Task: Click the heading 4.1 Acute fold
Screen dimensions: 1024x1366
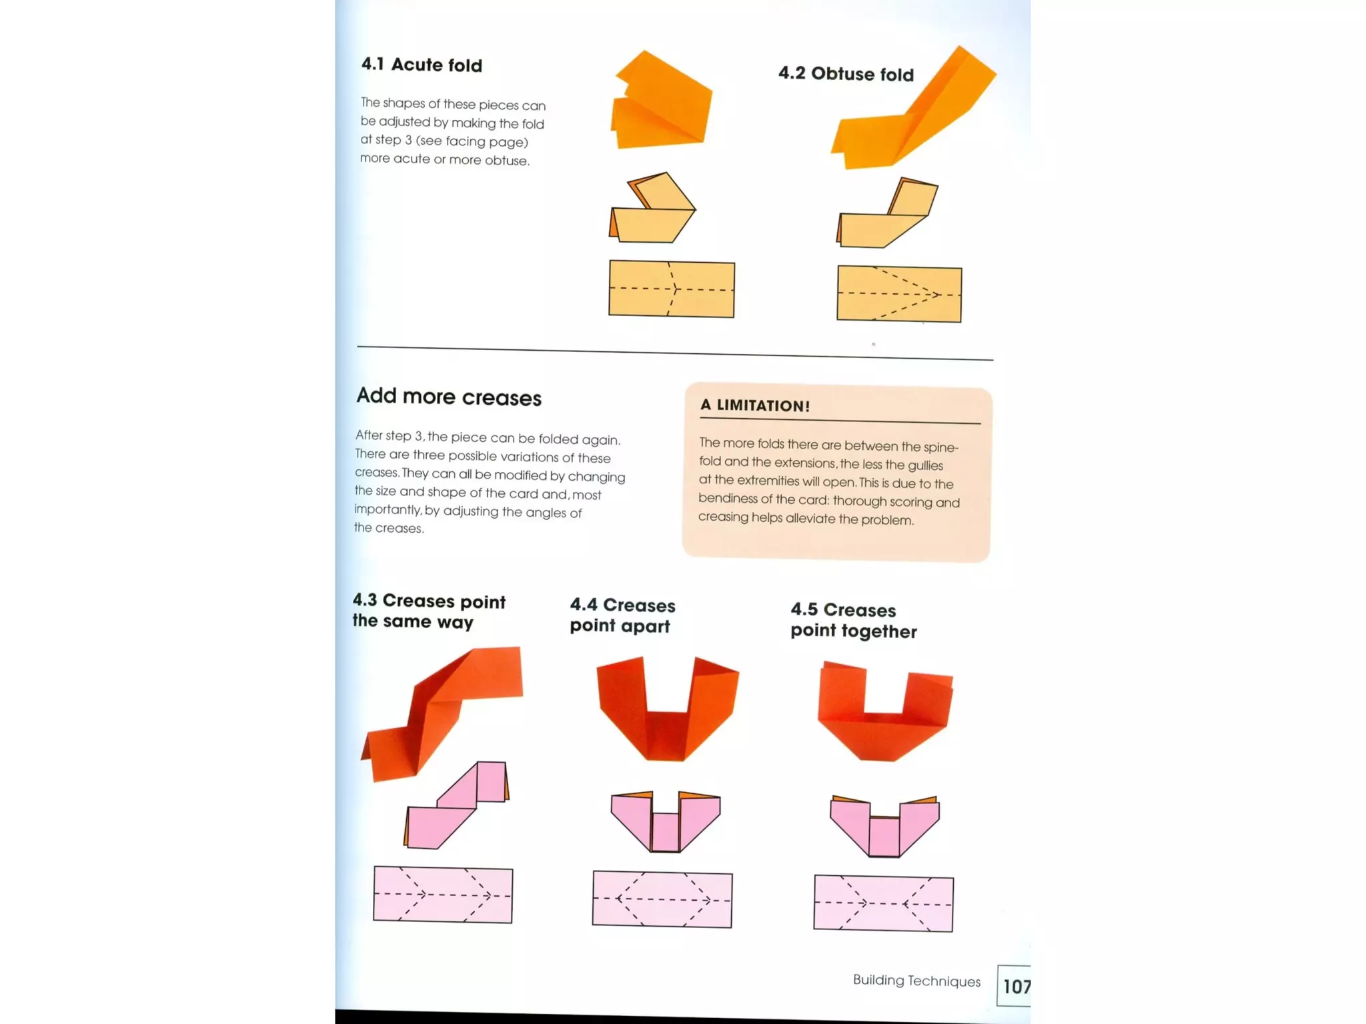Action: (422, 65)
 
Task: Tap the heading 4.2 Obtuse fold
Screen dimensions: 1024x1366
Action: (845, 73)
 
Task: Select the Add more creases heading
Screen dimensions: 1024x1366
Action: (448, 397)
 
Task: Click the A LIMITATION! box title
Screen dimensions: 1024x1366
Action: (754, 405)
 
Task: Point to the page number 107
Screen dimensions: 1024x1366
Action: (1015, 986)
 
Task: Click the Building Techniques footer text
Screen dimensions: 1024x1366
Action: (916, 981)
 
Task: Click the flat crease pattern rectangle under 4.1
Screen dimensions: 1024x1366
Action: (672, 289)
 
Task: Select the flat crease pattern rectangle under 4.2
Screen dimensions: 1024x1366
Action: (899, 294)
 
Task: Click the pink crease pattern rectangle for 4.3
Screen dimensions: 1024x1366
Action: (443, 895)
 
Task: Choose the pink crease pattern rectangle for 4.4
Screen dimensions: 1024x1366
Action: (662, 899)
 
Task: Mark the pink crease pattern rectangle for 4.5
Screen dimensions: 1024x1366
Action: (883, 903)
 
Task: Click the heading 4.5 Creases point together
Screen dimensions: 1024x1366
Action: (853, 620)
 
